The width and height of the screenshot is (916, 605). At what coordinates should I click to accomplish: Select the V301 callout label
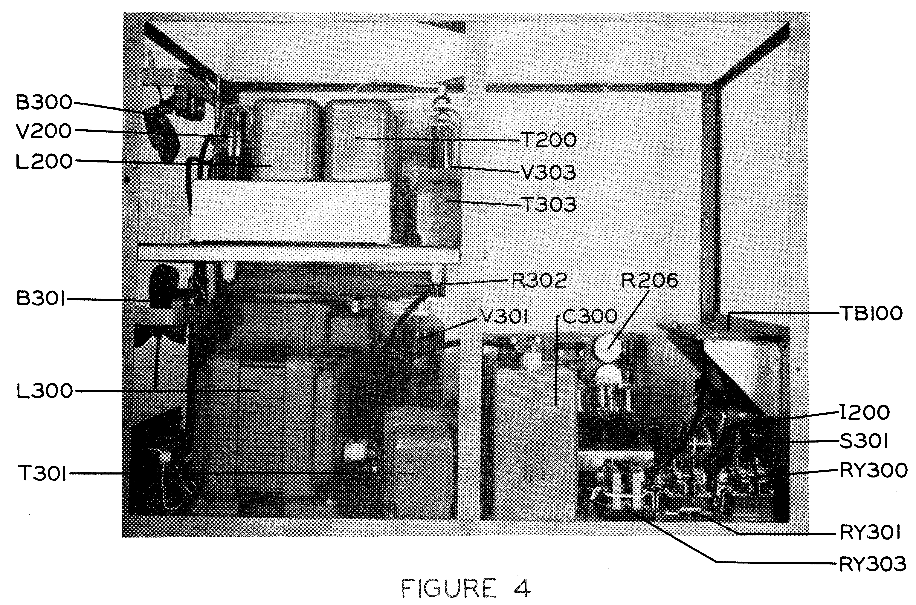pyautogui.click(x=504, y=317)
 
